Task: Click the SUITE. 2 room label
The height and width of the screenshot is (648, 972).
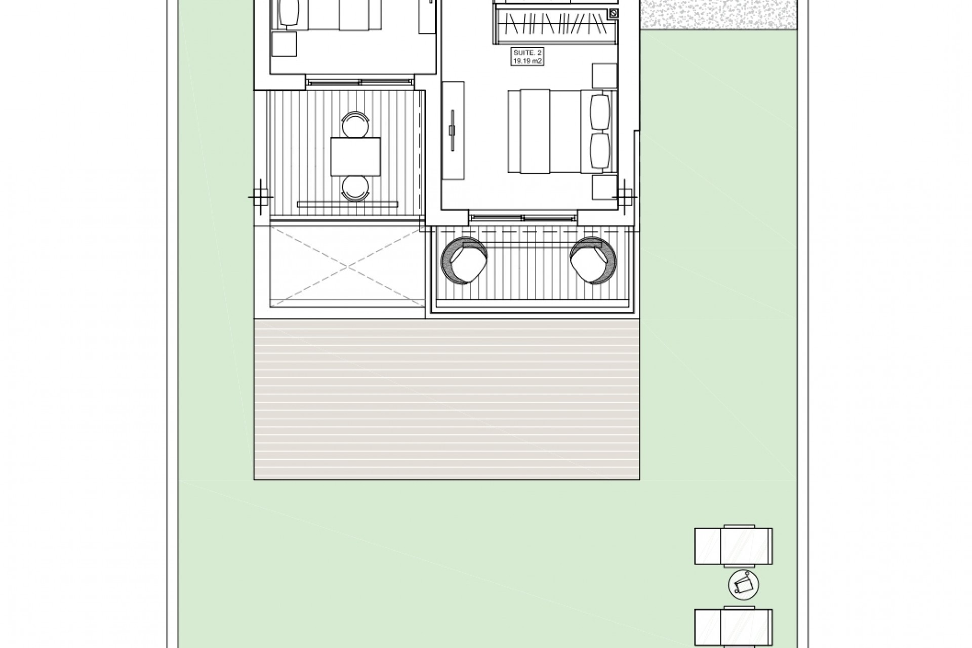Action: pos(528,53)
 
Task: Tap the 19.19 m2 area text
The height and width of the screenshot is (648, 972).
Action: pos(528,61)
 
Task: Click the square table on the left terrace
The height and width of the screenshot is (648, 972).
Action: pos(355,156)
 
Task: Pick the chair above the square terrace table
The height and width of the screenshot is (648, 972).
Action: pos(355,124)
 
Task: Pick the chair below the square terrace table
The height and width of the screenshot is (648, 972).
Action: pos(355,188)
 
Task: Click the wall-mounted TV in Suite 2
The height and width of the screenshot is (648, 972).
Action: pos(452,131)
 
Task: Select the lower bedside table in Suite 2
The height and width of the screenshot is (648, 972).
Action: pos(604,187)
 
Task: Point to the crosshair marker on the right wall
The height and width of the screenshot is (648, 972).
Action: pos(625,195)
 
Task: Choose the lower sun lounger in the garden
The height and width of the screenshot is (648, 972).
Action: pos(734,627)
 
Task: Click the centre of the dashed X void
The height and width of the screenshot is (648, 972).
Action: pos(348,266)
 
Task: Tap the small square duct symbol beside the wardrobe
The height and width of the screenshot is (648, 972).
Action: pos(614,13)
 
